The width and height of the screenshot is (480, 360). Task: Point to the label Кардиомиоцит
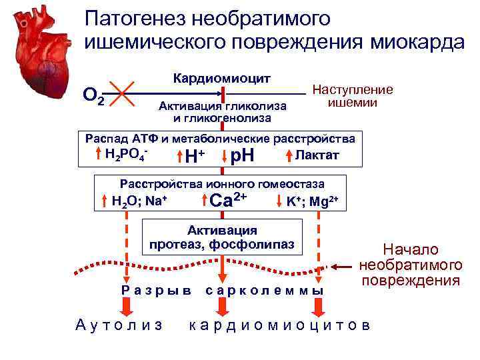coord(221,78)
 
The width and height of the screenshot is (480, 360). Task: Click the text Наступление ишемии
coord(353,96)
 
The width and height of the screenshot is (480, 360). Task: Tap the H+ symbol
coord(194,158)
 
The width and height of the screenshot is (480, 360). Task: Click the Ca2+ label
coord(228,199)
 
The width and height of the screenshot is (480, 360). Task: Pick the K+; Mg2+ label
coord(313,201)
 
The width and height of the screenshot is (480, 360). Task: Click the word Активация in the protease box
coord(221,230)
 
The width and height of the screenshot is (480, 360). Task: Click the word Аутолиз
coord(120,325)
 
